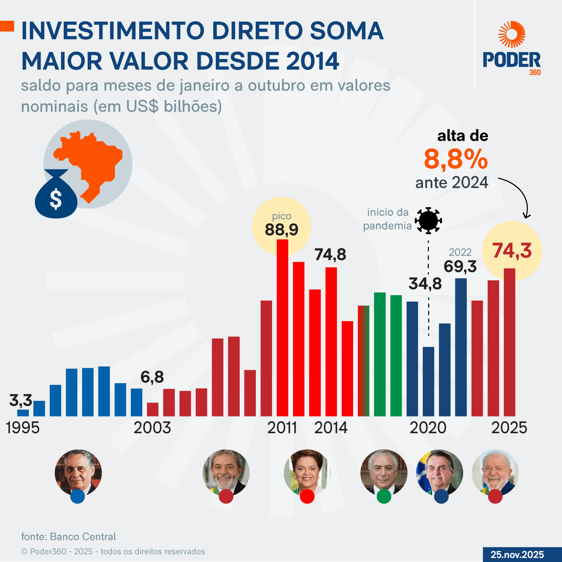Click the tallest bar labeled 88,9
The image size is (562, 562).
[x=282, y=327]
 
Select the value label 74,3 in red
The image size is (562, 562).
[x=512, y=250]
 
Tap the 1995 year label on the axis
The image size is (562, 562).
[x=23, y=428]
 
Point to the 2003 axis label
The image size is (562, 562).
[x=152, y=428]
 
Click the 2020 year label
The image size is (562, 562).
[x=428, y=428]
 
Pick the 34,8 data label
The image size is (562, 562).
[x=425, y=284]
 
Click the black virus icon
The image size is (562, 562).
[x=428, y=220]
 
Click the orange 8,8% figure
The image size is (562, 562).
[x=456, y=159]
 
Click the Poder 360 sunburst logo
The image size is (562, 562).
[x=512, y=34]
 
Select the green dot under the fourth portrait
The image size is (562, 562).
[x=384, y=496]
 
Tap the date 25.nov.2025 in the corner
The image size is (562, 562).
[x=517, y=554]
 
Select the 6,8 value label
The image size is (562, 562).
[x=152, y=377]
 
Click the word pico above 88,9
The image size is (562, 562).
[x=281, y=216]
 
